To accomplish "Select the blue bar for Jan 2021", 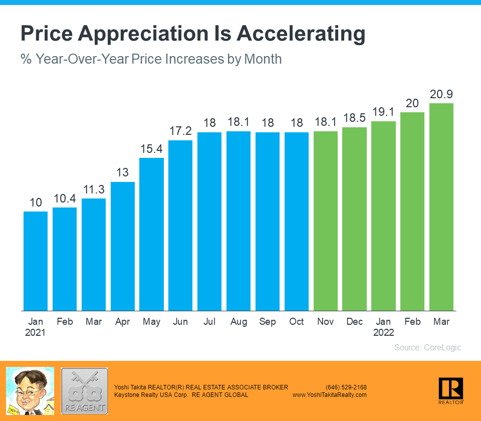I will pos(36,261).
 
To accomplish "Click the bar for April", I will pos(123,246).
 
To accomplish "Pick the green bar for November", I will pos(326,221).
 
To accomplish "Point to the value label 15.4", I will pos(151,149).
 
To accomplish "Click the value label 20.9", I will pos(441,94).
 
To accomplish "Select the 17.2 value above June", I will pos(180,131).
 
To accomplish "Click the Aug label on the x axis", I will pos(238,322).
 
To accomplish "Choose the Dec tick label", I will pos(355,322).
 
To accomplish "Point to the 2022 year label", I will pos(383,332).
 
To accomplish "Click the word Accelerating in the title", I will pos(301,34).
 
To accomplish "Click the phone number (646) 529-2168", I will pos(346,387).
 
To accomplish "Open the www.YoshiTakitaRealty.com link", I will pos(329,395).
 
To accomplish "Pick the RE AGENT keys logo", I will pos(84,391).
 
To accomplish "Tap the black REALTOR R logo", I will pos(450,389).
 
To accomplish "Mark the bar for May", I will pos(151,234).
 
